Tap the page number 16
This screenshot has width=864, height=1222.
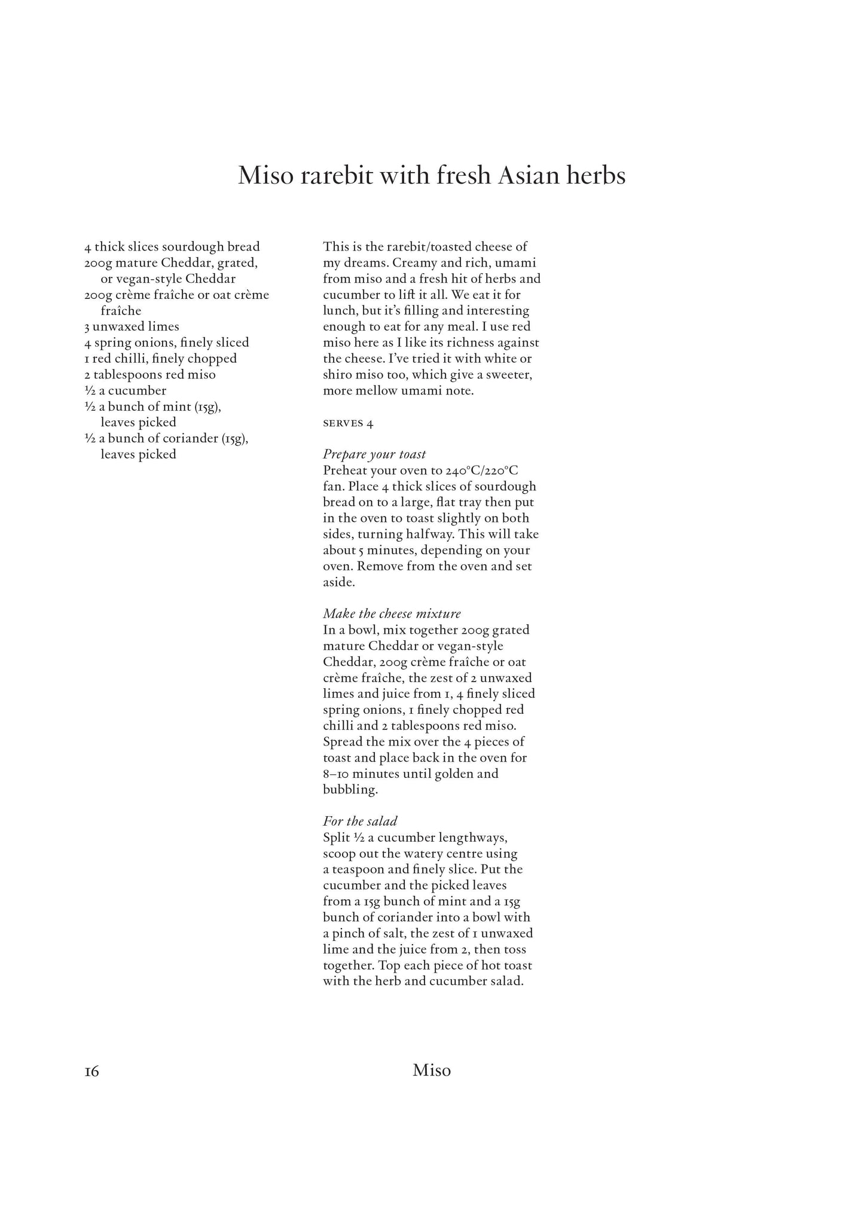(91, 1071)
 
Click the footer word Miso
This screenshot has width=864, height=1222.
(431, 1070)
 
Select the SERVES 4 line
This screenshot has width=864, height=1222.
(348, 423)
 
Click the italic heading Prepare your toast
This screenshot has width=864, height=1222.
(374, 454)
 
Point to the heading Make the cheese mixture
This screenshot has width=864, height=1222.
(392, 614)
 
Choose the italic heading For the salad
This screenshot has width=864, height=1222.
(360, 821)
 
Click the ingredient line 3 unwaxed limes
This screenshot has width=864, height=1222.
(132, 326)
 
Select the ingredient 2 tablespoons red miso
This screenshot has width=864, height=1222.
(149, 375)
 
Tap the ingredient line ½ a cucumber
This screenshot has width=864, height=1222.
(125, 391)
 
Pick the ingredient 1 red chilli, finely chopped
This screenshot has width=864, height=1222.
(160, 359)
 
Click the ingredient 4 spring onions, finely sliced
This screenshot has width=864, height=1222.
(166, 343)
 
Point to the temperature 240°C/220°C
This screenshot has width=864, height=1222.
(482, 471)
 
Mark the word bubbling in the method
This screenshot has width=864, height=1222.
(350, 790)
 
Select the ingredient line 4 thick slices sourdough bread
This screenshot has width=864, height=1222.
(172, 247)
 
